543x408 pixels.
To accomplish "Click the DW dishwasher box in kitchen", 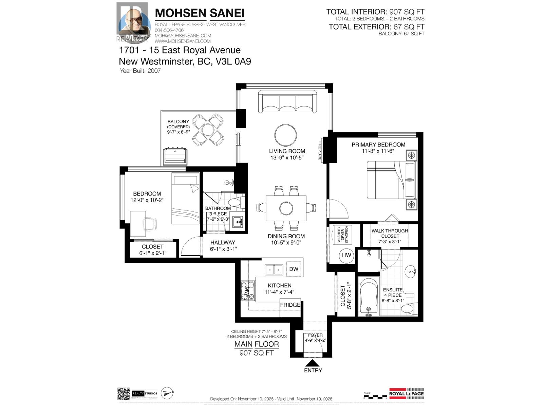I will coord(294,269).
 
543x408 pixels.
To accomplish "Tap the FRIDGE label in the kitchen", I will coord(290,305).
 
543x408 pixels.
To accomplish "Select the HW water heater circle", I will coord(346,255).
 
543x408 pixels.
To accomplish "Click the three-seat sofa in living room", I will coord(287,101).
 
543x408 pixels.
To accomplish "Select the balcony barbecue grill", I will coord(175,156).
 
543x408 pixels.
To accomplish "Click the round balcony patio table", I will coord(208,130).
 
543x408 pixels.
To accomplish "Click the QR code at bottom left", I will coord(124,394).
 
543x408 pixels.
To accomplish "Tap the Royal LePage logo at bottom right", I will coord(406,393).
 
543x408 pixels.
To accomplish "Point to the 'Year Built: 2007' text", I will coord(140,71).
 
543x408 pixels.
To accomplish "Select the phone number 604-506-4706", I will coord(169,30).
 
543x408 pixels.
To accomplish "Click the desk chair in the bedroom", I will coord(150,224).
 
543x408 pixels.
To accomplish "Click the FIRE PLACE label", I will coord(319,151).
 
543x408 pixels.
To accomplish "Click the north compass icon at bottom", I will coord(167,393).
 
